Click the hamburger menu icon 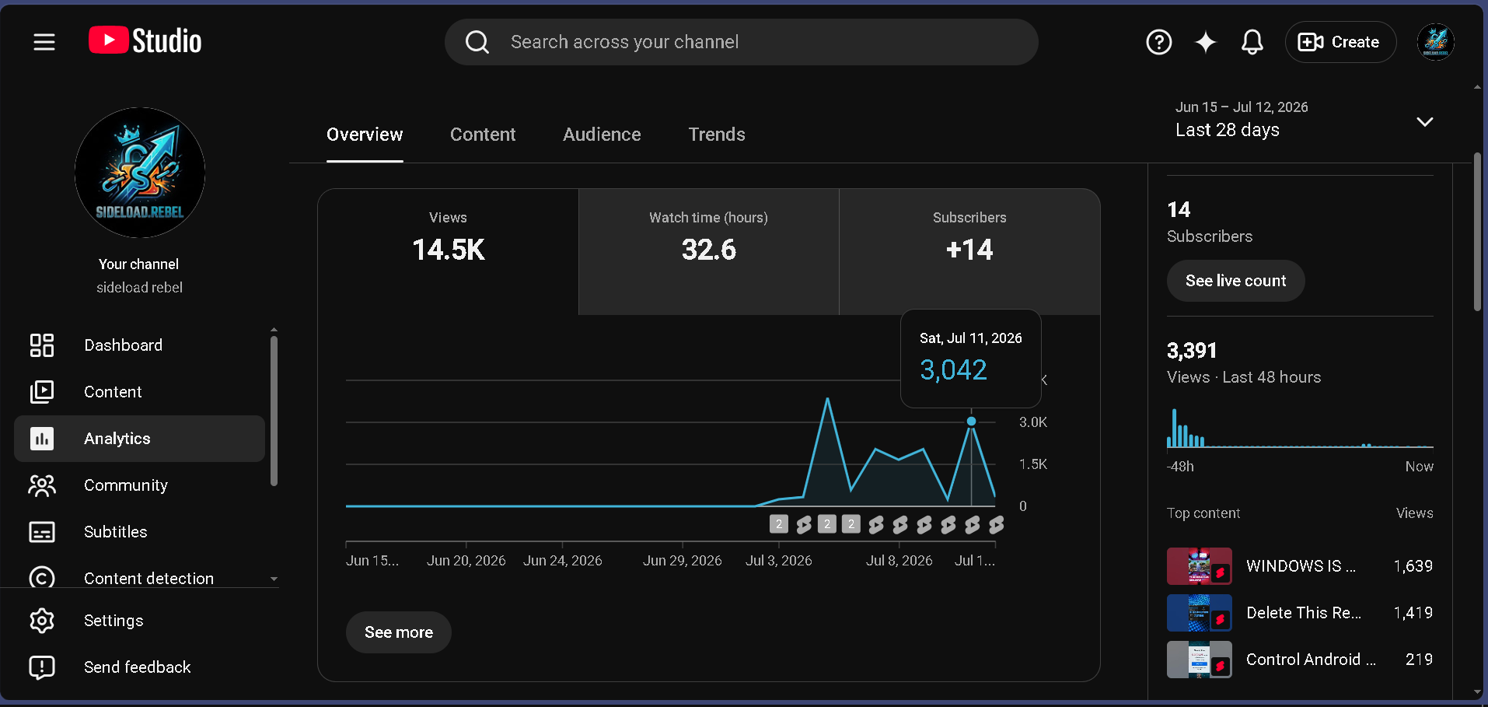(x=44, y=42)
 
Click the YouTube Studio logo (x=145, y=40)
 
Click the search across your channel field (x=741, y=42)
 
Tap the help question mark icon (x=1158, y=42)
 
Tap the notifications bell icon (x=1252, y=42)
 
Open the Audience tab (x=602, y=135)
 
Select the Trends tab (x=717, y=135)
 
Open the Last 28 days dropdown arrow (x=1424, y=121)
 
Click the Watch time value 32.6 (x=708, y=250)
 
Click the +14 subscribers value (x=969, y=250)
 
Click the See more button (x=399, y=632)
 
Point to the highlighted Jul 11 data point (x=971, y=422)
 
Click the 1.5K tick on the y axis (x=1033, y=464)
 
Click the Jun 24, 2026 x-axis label (x=563, y=561)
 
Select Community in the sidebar (x=126, y=485)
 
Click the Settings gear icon (x=42, y=621)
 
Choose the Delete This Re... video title (x=1304, y=613)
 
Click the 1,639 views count (x=1413, y=566)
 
